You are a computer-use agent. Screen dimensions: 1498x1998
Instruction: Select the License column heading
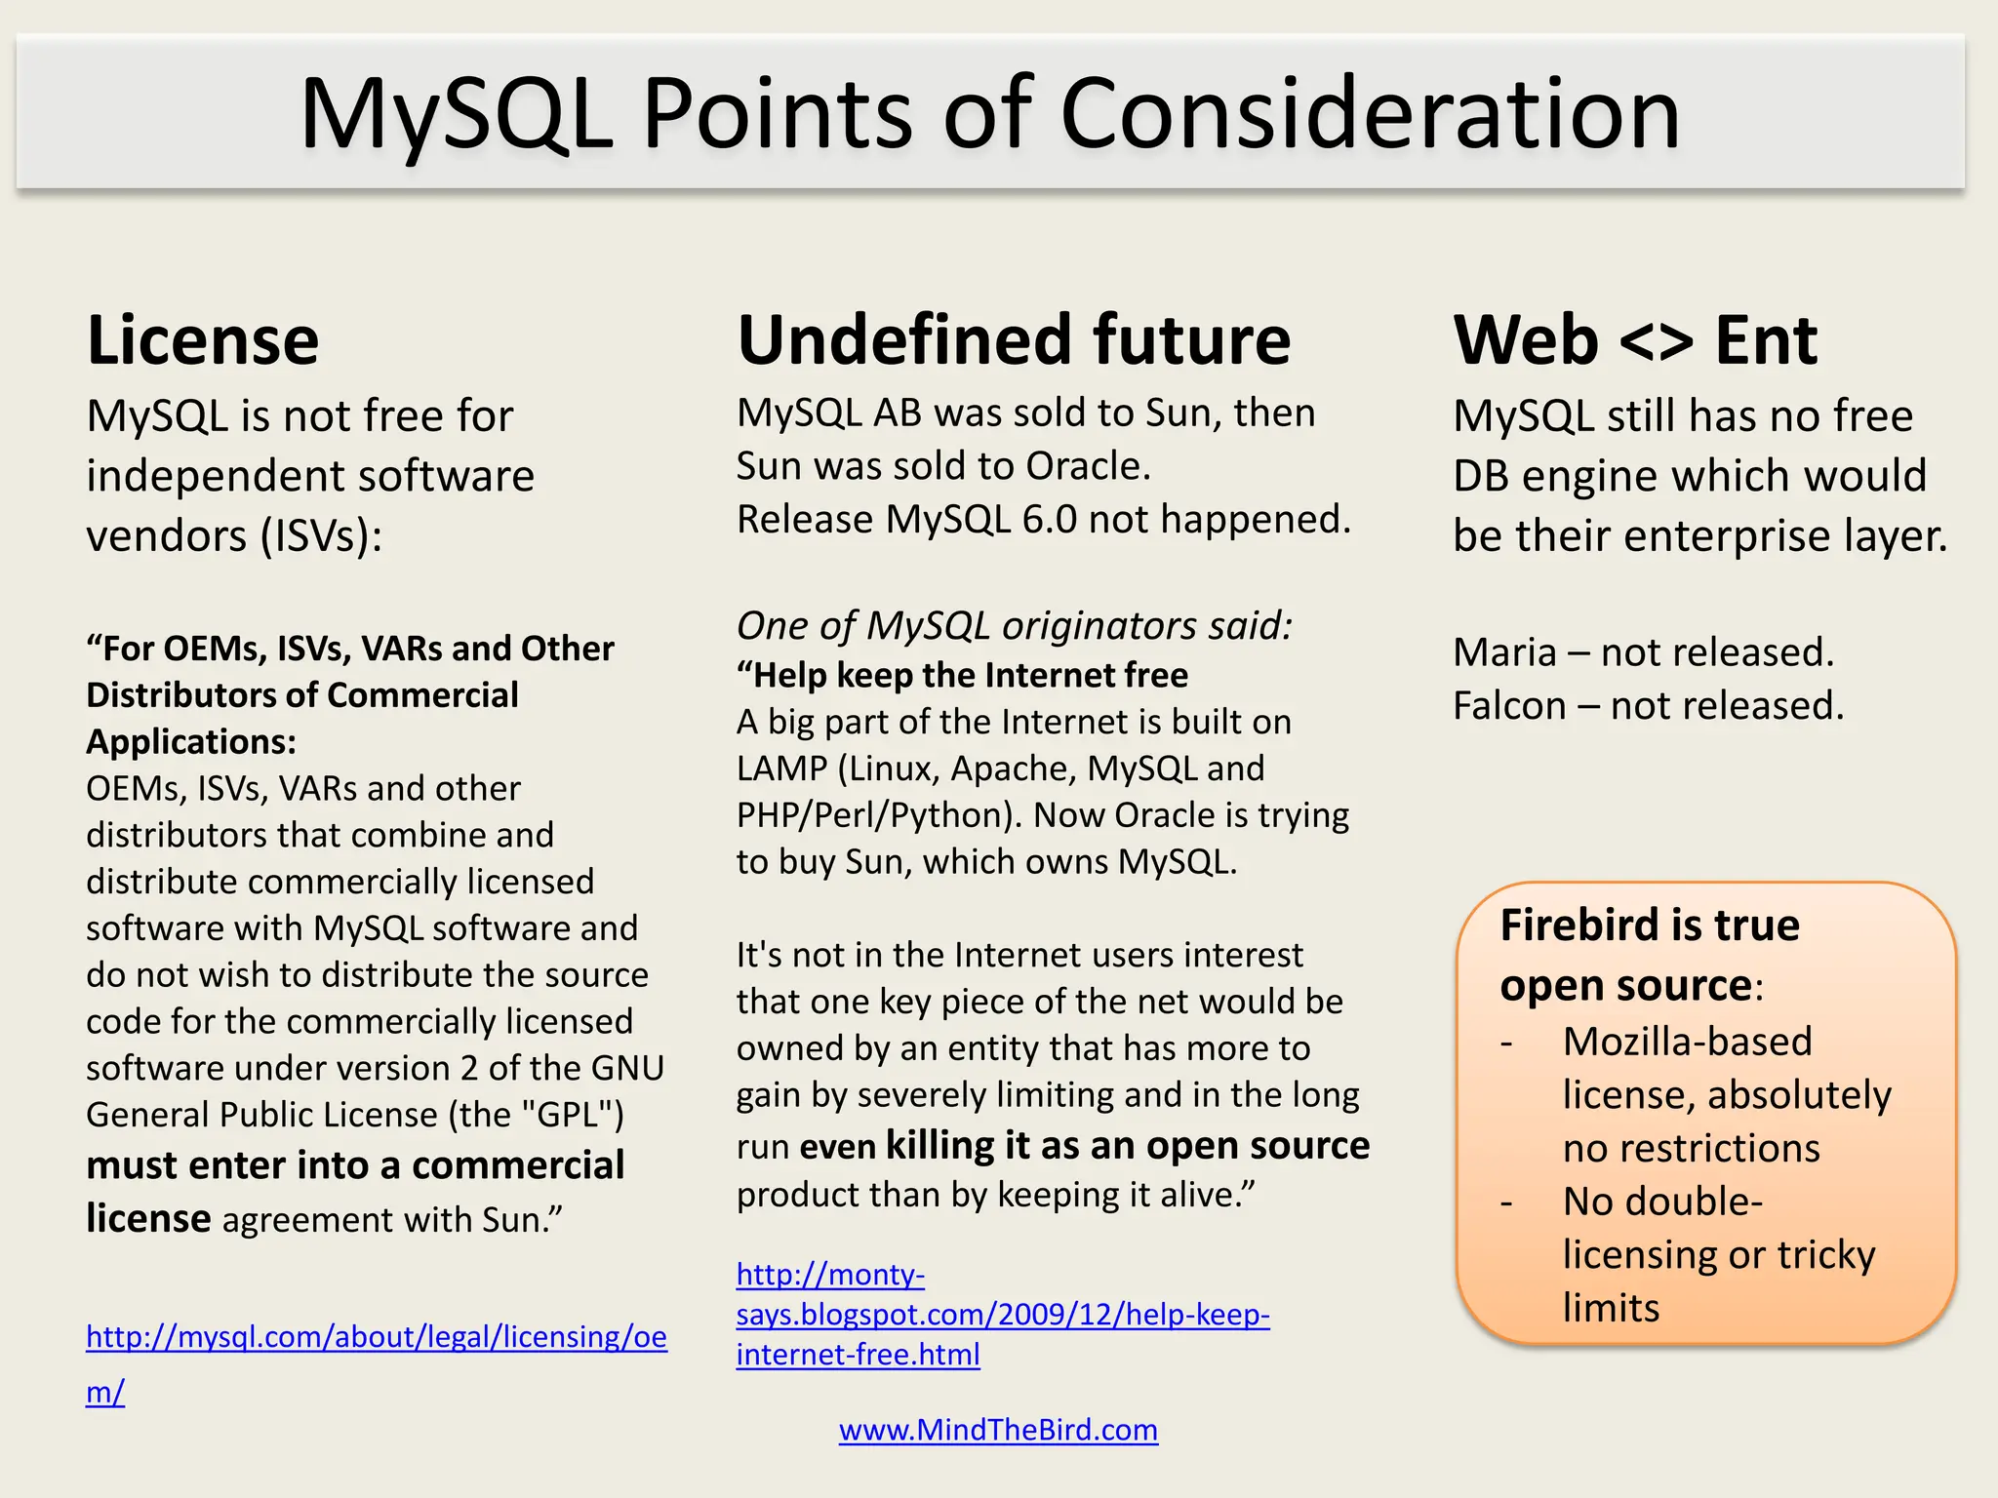203,340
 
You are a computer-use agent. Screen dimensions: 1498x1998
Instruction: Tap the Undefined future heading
1014,340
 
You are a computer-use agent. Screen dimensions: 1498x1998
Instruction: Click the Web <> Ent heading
1635,340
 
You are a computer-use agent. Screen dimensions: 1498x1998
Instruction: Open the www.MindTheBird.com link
998,1430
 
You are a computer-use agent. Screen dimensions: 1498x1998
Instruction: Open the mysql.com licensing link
376,1336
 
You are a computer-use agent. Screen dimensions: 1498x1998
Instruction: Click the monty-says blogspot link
1002,1315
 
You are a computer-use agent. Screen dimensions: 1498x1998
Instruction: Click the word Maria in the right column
1504,652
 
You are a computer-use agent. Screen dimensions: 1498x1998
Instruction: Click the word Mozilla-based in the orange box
1687,1042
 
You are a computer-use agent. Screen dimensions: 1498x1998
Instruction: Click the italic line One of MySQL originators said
1014,625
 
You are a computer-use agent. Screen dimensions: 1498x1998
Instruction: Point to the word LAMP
781,769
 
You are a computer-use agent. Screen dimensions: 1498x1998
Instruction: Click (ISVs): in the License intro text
321,536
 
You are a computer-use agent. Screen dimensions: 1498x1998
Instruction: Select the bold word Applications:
191,742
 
